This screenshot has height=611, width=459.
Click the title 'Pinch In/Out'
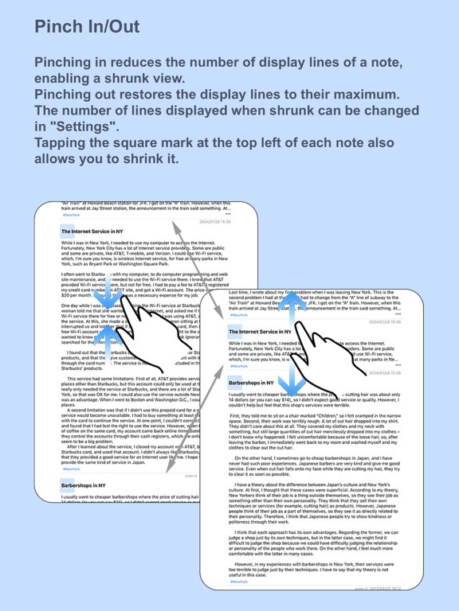point(87,26)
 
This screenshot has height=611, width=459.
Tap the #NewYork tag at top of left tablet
point(71,215)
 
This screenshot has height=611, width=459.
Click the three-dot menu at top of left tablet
point(250,214)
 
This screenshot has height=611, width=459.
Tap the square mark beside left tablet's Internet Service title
point(65,230)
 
